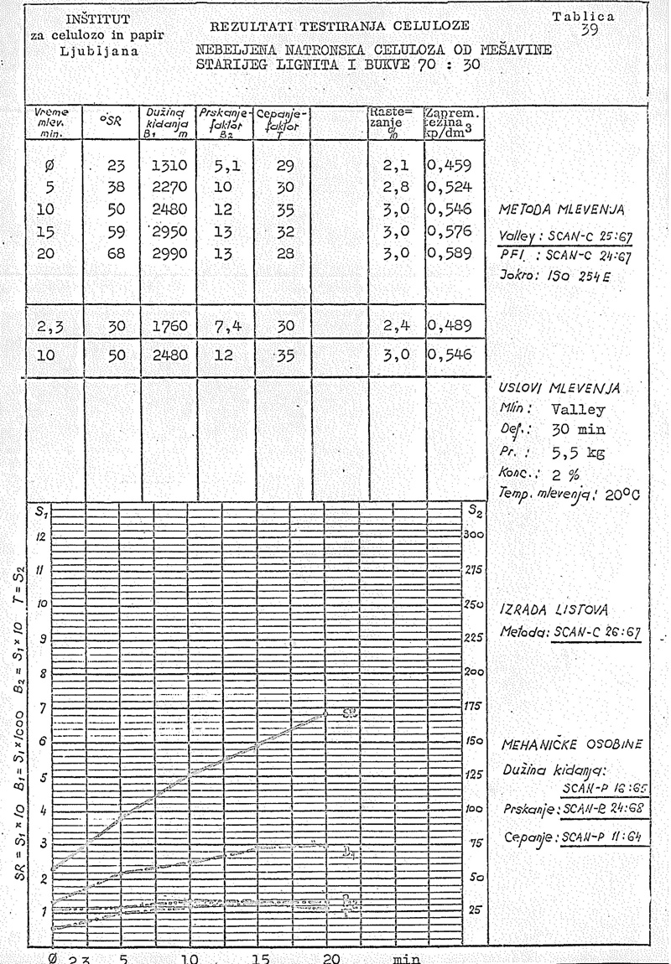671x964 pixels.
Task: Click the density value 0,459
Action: coord(453,166)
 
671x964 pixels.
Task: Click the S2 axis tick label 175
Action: coord(474,707)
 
